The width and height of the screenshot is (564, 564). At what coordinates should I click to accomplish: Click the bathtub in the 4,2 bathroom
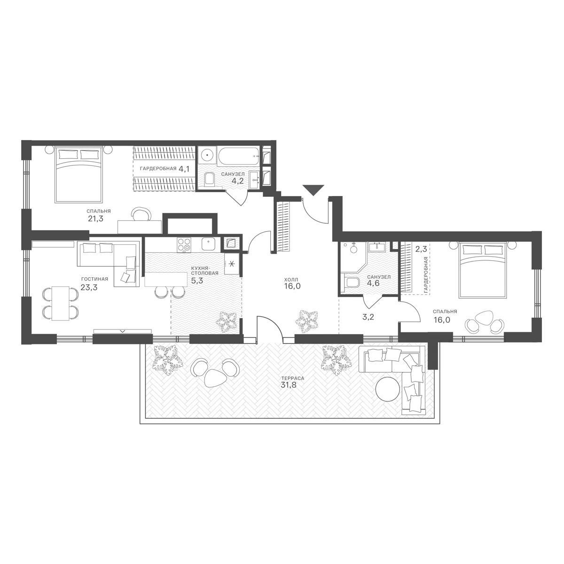pyautogui.click(x=238, y=156)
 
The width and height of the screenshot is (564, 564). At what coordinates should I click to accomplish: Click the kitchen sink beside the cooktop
pyautogui.click(x=208, y=243)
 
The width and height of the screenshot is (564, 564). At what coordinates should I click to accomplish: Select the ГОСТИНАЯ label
pyautogui.click(x=94, y=279)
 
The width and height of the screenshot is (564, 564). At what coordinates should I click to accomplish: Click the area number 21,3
pyautogui.click(x=96, y=219)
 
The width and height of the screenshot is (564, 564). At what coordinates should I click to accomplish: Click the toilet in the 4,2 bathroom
pyautogui.click(x=209, y=180)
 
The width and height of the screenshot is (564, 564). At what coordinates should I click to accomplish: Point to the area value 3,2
pyautogui.click(x=368, y=317)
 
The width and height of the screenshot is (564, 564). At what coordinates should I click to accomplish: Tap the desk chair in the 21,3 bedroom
pyautogui.click(x=141, y=214)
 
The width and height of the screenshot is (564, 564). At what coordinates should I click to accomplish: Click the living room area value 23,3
pyautogui.click(x=89, y=288)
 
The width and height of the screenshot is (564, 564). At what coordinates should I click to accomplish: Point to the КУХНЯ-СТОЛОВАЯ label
pyautogui.click(x=205, y=270)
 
